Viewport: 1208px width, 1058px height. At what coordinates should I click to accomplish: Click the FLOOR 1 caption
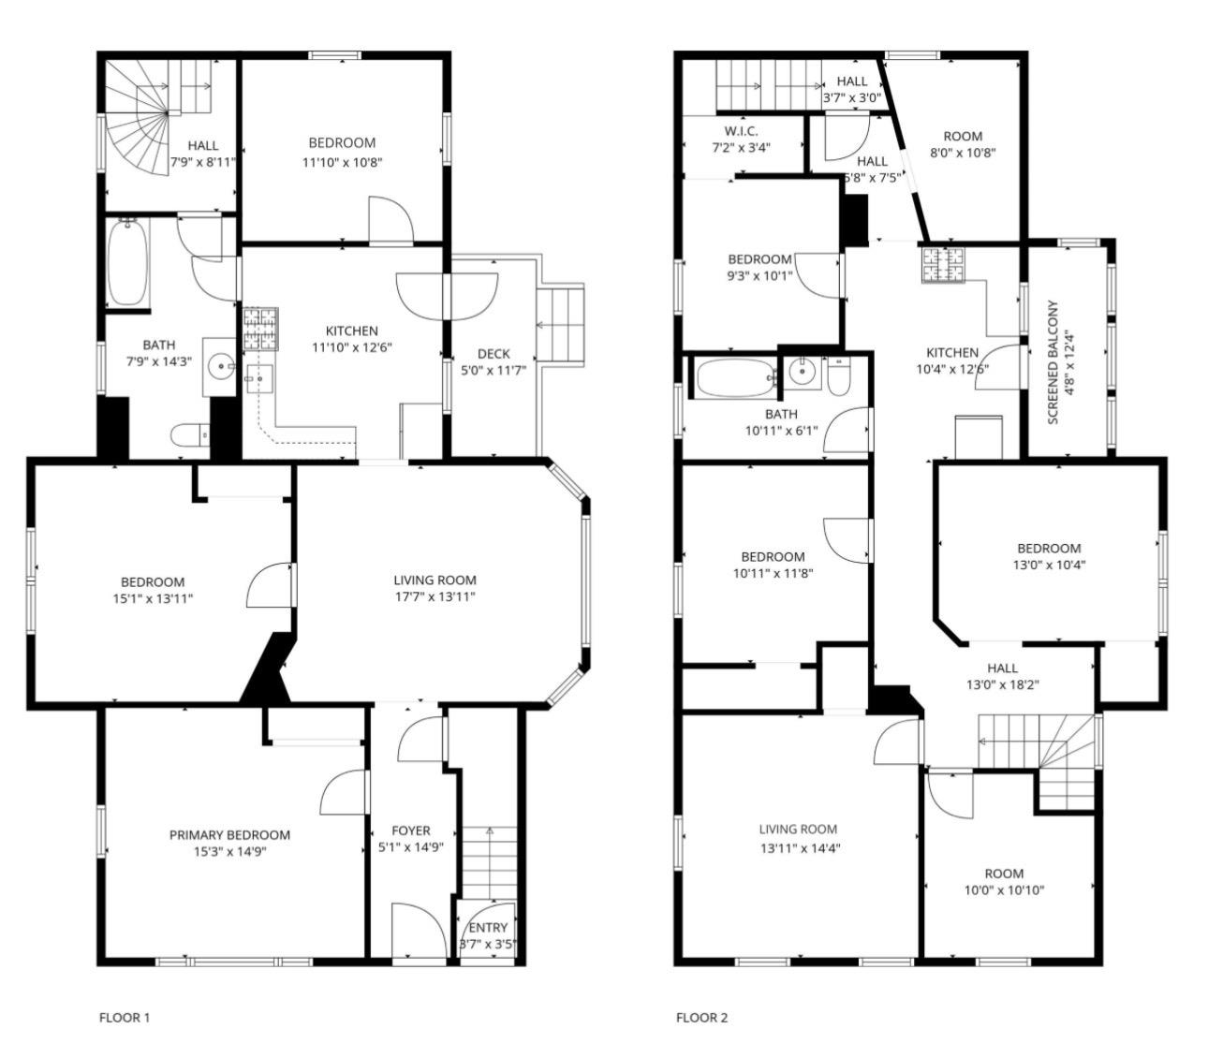click(124, 1017)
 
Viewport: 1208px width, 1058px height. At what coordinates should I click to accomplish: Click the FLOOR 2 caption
click(701, 1017)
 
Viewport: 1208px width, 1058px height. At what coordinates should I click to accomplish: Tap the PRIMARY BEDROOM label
click(229, 835)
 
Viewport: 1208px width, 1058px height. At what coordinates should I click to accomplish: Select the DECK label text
click(494, 354)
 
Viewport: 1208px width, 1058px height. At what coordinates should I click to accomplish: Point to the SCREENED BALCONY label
click(1053, 362)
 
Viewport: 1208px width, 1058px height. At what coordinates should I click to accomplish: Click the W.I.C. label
click(741, 131)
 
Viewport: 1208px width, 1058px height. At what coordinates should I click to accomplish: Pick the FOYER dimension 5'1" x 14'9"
click(411, 847)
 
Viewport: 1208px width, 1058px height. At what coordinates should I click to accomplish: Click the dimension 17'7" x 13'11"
click(435, 597)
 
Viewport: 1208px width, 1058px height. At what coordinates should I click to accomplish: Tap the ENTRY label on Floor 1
click(488, 928)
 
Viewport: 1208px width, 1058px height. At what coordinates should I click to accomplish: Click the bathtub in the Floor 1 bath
click(127, 262)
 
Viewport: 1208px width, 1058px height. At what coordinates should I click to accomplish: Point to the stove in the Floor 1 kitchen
click(260, 330)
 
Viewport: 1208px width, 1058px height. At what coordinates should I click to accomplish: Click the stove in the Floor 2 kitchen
click(944, 264)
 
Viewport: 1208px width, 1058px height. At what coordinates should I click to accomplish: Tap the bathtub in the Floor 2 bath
click(736, 378)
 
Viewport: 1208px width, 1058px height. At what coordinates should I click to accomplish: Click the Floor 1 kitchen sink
click(259, 379)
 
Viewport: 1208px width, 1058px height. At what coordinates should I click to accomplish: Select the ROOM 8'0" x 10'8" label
click(963, 144)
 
